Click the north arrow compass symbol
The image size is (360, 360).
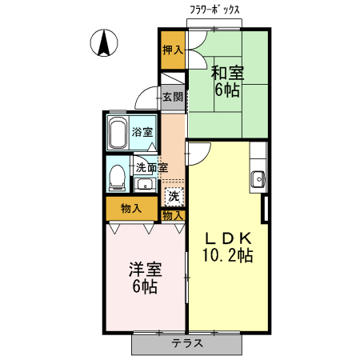(103, 42)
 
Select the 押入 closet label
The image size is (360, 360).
(173, 50)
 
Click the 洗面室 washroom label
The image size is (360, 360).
(150, 167)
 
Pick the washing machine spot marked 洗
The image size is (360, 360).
(174, 194)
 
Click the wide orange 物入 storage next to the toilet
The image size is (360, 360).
(131, 209)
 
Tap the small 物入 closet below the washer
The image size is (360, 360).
(174, 215)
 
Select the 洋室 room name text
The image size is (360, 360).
(145, 269)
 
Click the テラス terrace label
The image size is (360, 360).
(186, 343)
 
